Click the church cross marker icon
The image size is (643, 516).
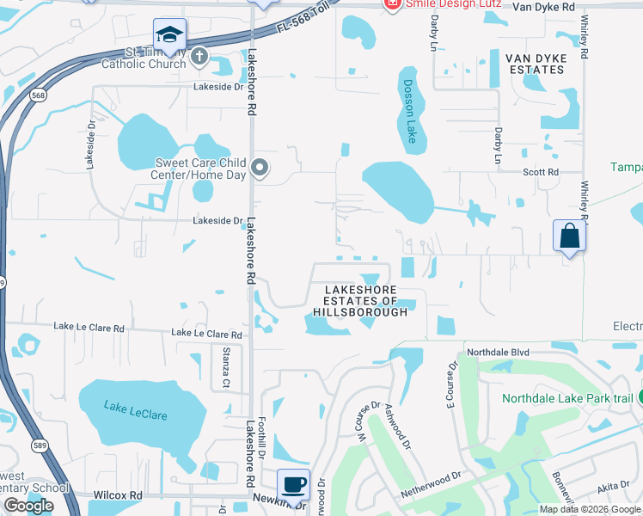coord(199,58)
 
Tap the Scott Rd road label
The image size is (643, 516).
coord(542,172)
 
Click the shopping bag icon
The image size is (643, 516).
coord(569,235)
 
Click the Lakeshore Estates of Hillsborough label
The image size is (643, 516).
coord(360,301)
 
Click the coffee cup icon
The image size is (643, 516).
coord(294,484)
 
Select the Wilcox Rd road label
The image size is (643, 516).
coord(118,495)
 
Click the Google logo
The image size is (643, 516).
coord(28,506)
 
